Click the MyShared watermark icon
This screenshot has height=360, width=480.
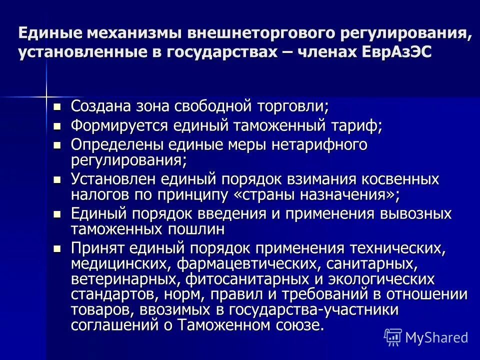point(393,336)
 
